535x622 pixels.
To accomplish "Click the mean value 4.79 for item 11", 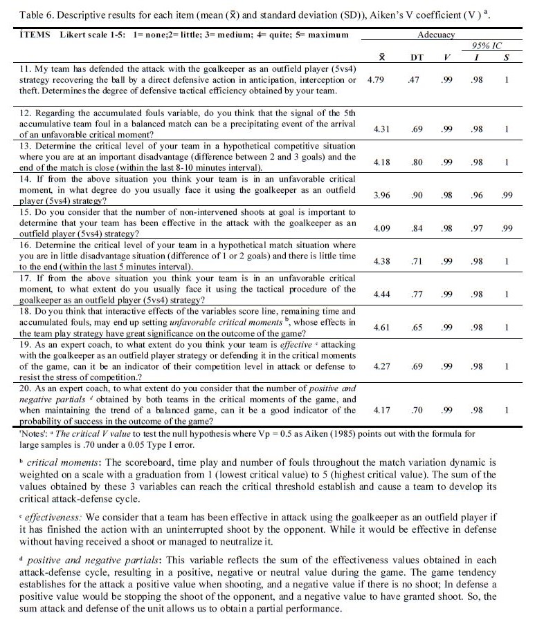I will (375, 80).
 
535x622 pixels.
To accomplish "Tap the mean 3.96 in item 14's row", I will (383, 196).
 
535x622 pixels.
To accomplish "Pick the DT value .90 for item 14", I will (417, 196).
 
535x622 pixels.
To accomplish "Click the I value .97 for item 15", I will (477, 228).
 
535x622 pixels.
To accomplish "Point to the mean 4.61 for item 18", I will (383, 327).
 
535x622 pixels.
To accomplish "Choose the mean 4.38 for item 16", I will (383, 261).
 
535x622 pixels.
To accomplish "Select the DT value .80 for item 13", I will (417, 162).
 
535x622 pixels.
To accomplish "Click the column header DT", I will (417, 57).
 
